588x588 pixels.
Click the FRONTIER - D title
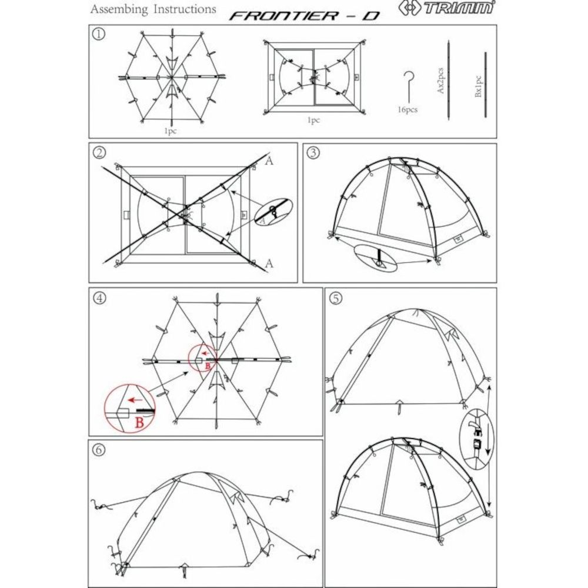(305, 16)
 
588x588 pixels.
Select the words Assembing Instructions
(153, 9)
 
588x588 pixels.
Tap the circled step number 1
(99, 34)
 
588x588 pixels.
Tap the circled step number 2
(99, 152)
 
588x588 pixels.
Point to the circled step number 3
(313, 153)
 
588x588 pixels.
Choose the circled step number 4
(99, 298)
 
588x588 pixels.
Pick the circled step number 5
(336, 298)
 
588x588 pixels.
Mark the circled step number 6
(99, 449)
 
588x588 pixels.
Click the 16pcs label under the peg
(407, 110)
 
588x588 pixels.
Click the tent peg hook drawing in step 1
(407, 86)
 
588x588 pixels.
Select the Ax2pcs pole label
(440, 81)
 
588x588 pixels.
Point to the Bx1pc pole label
(478, 86)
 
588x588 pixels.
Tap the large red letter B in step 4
(139, 423)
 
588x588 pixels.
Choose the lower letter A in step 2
(269, 263)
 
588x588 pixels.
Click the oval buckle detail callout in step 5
(476, 439)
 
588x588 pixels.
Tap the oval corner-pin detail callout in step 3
(375, 258)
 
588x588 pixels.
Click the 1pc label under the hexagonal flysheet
(170, 131)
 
